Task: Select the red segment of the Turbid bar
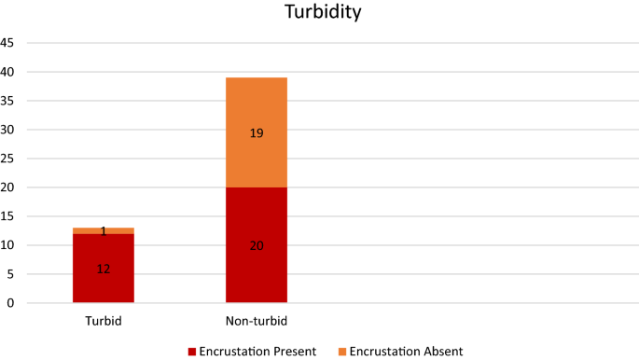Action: (104, 280)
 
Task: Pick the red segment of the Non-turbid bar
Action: (257, 270)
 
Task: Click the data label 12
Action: (104, 270)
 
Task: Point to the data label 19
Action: (257, 133)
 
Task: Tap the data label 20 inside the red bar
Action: (257, 245)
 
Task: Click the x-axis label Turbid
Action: (104, 321)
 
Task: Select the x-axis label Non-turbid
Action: (257, 321)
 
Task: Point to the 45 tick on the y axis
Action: (7, 43)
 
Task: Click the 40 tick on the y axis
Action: (7, 72)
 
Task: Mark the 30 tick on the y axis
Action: (7, 130)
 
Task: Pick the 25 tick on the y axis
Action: (7, 159)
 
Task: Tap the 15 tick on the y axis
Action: (7, 216)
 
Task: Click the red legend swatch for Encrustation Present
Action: (192, 352)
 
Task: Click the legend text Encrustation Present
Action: (257, 352)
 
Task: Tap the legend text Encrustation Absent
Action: (407, 352)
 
